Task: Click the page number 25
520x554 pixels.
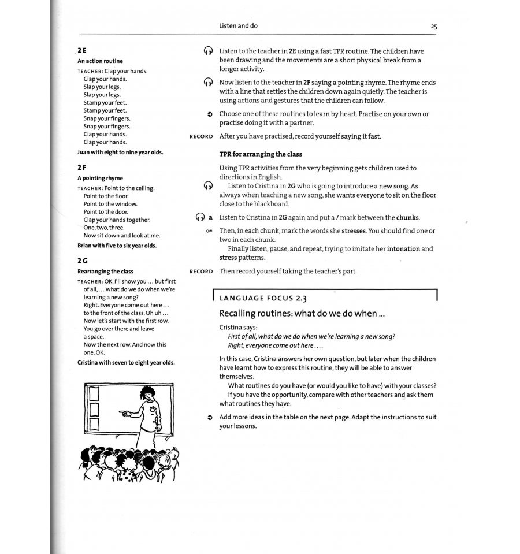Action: click(433, 27)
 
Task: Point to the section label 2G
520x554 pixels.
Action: click(83, 261)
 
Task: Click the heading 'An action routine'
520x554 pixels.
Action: click(100, 61)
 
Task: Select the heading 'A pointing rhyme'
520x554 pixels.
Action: click(100, 179)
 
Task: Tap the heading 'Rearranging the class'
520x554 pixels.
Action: click(105, 272)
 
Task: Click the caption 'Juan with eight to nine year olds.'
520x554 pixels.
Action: click(120, 153)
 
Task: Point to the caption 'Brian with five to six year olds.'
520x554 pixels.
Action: click(117, 246)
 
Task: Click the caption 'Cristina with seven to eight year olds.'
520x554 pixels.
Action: click(126, 363)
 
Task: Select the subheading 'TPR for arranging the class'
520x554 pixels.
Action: click(261, 154)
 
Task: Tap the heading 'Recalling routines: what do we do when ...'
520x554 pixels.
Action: click(302, 314)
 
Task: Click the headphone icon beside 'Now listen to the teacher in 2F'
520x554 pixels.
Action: click(209, 83)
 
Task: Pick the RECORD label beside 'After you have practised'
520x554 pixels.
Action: click(201, 137)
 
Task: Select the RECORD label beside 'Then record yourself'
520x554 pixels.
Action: click(201, 272)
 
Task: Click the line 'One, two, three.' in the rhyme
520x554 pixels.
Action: click(104, 228)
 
